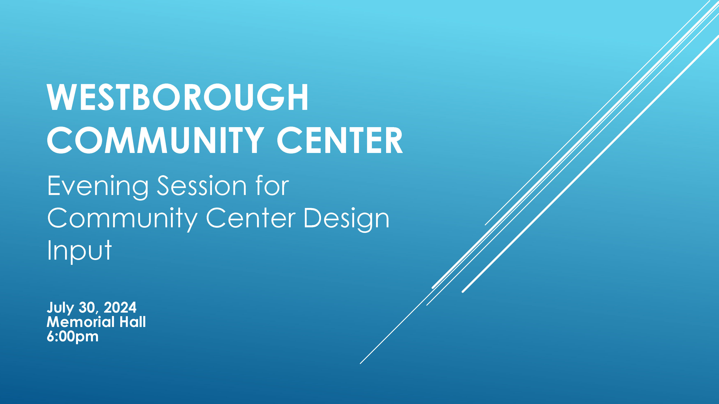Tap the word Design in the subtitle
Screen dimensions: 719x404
tap(346, 220)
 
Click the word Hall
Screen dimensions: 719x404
tap(133, 322)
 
